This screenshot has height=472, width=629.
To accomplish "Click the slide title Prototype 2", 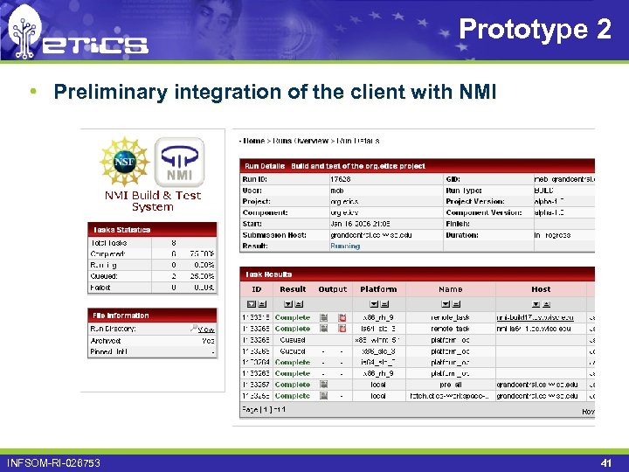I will point(535,30).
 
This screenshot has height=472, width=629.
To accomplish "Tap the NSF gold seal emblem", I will point(126,163).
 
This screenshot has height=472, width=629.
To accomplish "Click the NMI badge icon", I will point(179,163).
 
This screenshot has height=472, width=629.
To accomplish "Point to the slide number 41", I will point(606,462).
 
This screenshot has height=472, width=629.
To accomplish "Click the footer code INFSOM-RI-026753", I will point(54,462).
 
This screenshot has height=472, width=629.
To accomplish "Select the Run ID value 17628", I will point(340,178).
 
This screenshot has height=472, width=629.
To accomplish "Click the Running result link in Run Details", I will point(344,246).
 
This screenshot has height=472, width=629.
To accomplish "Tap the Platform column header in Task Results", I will point(378,289).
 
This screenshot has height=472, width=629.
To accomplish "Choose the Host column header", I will point(541,289).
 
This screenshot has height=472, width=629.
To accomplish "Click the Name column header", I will point(450,289).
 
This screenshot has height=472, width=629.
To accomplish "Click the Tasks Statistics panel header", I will point(121,230).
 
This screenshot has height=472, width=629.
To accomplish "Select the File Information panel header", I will point(121,316).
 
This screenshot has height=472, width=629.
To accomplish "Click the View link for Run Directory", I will point(205,330).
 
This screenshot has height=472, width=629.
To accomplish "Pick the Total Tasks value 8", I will point(175,243).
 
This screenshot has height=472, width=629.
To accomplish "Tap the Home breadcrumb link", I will point(254,141).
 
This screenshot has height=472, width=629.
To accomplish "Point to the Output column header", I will point(332,289).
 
